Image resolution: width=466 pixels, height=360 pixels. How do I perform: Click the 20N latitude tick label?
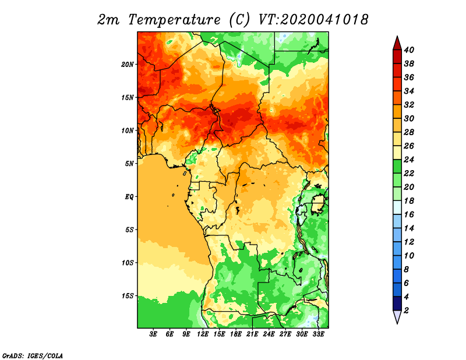coord(127,65)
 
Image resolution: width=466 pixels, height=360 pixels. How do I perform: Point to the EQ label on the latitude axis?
coord(129,197)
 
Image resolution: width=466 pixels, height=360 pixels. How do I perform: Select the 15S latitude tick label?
coord(127,296)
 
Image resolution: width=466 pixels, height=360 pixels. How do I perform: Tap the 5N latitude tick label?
coord(129,164)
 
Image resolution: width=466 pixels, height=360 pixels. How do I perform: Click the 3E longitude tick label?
coord(153,334)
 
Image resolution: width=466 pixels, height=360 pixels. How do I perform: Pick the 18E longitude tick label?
coord(236,334)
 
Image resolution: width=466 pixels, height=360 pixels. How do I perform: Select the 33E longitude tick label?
coord(318,334)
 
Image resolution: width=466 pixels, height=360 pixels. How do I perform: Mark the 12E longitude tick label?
coord(203,334)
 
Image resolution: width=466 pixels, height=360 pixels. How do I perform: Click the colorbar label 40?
coord(409,50)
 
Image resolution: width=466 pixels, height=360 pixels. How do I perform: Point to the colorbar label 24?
coord(409,160)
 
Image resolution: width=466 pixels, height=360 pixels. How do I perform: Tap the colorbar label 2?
coord(406,310)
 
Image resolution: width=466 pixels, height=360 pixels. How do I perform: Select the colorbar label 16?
coord(409,214)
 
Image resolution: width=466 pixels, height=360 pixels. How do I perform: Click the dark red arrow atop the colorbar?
coord(397,44)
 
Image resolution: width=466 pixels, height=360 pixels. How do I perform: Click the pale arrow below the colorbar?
coord(397,317)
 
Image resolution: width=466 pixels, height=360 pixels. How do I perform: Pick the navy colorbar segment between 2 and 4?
coord(397,303)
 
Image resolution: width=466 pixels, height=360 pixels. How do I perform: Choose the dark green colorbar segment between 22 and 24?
coord(397,167)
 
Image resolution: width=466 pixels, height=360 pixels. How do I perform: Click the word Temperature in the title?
coord(174,20)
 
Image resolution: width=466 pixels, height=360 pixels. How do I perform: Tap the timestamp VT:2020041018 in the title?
coord(313,20)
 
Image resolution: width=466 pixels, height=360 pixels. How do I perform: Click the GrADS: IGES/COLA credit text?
coord(33,355)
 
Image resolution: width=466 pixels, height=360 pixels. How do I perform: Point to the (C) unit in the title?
coord(239,20)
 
